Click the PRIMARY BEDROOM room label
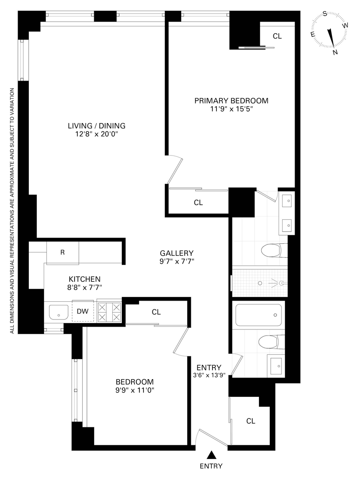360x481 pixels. [231, 101]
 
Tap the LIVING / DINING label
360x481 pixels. [97, 126]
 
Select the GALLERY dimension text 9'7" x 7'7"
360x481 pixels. [177, 261]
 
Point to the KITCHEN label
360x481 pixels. [85, 279]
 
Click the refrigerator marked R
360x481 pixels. [63, 253]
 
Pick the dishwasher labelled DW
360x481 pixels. [83, 311]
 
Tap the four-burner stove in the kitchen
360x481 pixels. [109, 311]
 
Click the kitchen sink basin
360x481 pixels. [59, 312]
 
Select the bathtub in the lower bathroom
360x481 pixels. [259, 315]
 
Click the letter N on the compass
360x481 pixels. [335, 52]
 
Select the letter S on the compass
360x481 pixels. [325, 14]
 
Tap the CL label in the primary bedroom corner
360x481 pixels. [277, 36]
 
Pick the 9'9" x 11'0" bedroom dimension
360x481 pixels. [135, 390]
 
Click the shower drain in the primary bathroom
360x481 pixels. [260, 283]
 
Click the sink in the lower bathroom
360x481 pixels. [276, 366]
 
